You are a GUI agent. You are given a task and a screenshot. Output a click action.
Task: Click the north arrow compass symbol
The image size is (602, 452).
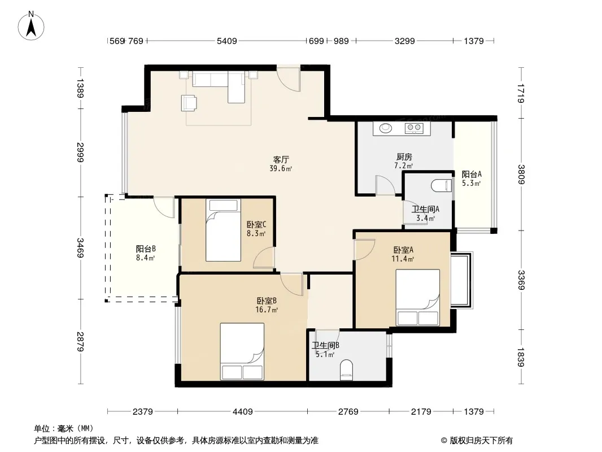tap(31, 25)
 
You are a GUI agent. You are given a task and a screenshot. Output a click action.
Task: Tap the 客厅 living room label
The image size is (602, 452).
tap(281, 159)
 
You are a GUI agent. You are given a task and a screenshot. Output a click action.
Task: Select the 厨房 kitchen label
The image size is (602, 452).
tap(404, 157)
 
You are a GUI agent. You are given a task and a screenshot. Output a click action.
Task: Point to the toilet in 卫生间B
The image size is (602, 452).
tap(346, 370)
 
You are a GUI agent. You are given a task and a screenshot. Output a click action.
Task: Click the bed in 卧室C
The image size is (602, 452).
tap(223, 230)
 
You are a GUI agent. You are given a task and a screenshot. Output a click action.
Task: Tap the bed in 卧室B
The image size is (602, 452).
tap(242, 351)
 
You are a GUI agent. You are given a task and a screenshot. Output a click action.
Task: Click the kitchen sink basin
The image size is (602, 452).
tap(386, 128)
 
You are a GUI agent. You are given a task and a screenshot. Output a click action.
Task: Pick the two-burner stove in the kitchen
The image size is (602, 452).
tap(414, 128)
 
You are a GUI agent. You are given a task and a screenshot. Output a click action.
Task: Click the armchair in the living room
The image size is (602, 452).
tap(189, 103)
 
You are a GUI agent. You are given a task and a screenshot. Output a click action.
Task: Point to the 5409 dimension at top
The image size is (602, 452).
tap(227, 41)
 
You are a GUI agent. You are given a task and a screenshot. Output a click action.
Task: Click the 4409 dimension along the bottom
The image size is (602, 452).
tap(243, 412)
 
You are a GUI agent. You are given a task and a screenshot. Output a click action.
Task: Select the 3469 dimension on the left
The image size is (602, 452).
tap(80, 247)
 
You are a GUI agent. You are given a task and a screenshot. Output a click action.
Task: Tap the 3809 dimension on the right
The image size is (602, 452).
tap(521, 175)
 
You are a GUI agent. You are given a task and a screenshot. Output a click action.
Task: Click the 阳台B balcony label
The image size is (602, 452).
tap(146, 249)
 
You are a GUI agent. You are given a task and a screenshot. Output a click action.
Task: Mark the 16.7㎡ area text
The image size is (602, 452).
tap(267, 310)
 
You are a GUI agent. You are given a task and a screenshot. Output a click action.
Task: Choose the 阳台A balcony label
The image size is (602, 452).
tap(472, 174)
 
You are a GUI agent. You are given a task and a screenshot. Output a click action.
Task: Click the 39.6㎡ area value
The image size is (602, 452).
tap(281, 168)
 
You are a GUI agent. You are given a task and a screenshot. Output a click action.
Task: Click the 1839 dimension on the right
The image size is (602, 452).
tap(521, 357)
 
